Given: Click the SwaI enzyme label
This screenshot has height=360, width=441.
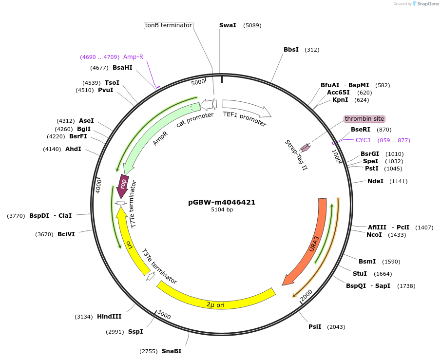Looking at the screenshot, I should point(228,25).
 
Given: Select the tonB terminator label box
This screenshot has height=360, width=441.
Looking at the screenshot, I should point(169,25).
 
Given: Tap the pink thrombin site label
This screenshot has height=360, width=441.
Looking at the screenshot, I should point(364,119).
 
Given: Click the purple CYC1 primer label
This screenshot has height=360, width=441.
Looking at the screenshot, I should point(363,140).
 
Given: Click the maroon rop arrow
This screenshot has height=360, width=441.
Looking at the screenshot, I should point(124,185).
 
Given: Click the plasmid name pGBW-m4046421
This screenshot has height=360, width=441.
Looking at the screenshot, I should point(222,202).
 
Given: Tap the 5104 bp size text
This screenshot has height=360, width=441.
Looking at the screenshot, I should point(222,210).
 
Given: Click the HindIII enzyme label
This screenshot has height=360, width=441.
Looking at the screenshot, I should point(109,317).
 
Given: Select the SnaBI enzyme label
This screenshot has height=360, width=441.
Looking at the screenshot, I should point(172,351).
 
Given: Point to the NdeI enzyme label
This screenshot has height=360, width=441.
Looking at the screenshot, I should point(375,181).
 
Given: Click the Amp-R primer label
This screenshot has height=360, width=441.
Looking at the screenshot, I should point(133,57).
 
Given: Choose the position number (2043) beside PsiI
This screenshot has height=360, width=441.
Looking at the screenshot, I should point(336,327).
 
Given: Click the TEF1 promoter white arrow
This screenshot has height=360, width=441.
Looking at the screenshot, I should point(246,108).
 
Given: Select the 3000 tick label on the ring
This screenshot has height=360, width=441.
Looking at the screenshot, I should point(164,316).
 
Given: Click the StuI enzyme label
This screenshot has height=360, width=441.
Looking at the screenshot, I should point(360,274).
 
